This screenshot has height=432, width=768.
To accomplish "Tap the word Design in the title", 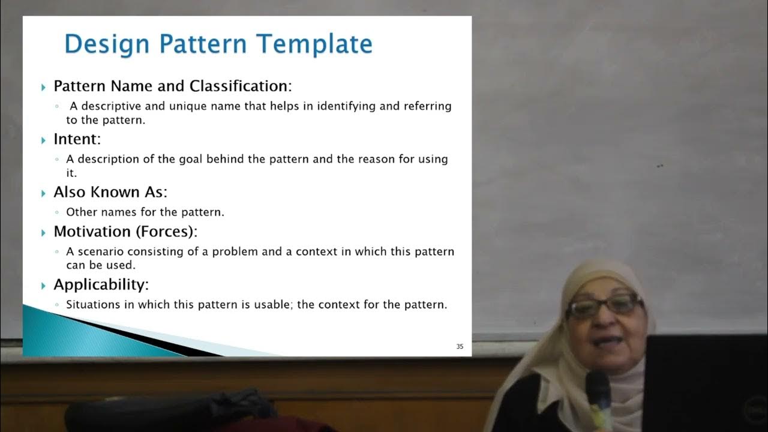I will pos(106,44).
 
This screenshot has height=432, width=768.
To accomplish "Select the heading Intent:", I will pos(77,139).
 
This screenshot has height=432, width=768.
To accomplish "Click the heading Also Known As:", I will pos(110,192).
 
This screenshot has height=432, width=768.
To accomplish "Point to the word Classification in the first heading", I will pos(240,86).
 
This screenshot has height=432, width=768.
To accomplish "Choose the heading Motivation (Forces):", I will pos(125,231).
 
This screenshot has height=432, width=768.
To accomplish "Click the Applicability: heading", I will pos(101,284).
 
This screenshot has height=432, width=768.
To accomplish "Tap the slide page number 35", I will pos(460,346).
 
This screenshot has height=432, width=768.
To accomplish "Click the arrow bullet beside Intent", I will pos(44,140).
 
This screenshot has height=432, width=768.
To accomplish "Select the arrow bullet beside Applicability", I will pos(44,285).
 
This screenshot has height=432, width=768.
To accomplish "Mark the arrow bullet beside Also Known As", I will pos(44,193).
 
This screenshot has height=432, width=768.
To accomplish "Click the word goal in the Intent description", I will pos(191,159).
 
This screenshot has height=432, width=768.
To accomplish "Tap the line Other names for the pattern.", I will pos(145,212).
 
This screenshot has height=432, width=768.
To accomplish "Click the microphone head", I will pos(598,384).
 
